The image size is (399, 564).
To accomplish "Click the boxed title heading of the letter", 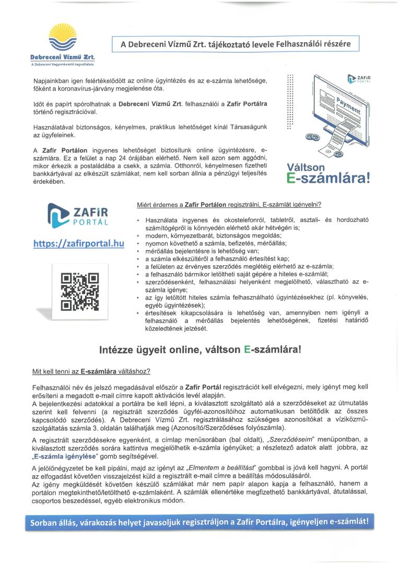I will [237, 44].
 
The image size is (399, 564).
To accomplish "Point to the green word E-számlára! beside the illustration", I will [328, 178].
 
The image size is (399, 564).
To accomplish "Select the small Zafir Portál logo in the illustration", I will [358, 79].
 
